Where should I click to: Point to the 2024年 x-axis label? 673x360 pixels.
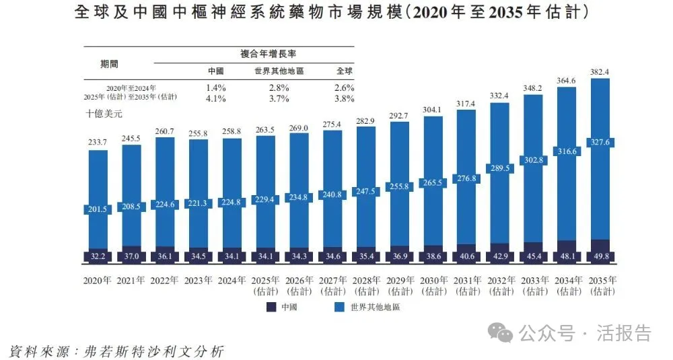(x=231, y=280)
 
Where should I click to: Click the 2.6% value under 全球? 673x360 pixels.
(x=344, y=87)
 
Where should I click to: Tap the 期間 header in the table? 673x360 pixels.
(x=110, y=64)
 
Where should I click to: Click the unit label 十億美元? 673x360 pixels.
(x=104, y=114)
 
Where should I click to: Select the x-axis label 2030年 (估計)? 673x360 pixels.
(x=434, y=285)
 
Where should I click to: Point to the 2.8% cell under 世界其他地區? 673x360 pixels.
(x=279, y=87)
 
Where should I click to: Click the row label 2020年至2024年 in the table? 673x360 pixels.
(x=131, y=88)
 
